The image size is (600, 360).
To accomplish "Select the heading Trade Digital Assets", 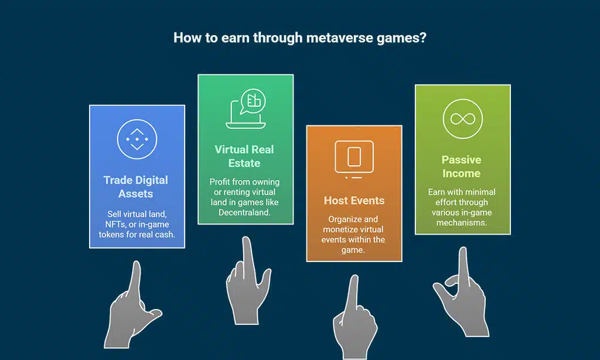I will point(136,186).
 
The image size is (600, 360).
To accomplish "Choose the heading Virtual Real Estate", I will point(244,156).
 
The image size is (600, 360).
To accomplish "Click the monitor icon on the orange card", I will point(354,158).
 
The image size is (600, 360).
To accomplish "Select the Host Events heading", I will point(354,201).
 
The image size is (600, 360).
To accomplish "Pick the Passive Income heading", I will point(462,167).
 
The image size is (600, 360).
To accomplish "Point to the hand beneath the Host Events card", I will point(354,320).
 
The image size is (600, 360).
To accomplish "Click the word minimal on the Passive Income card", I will point(480,192).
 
